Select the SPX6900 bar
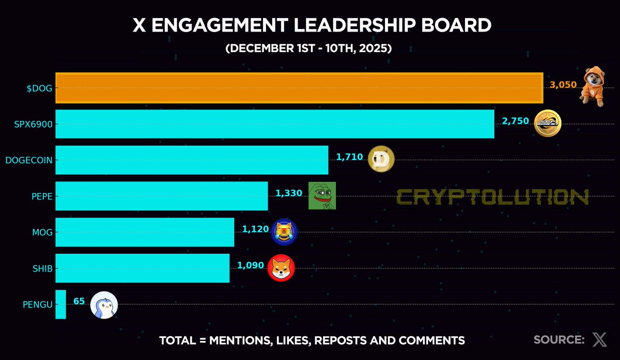click(274, 124)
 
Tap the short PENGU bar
click(60, 304)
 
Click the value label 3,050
click(563, 85)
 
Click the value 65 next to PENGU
click(79, 301)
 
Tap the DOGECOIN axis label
click(29, 160)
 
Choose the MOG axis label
click(42, 232)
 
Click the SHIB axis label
click(42, 269)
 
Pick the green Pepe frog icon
click(322, 196)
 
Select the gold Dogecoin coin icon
click(381, 160)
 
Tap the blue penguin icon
click(104, 305)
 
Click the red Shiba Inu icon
click(281, 268)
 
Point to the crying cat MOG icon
click(284, 232)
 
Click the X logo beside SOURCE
click(599, 340)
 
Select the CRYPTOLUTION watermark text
click(492, 197)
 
